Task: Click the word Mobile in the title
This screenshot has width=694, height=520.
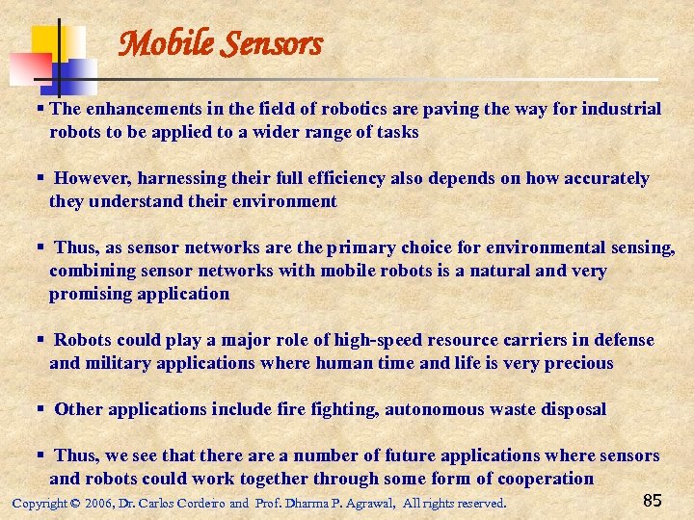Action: pos(160,43)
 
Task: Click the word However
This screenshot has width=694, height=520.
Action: pos(93,178)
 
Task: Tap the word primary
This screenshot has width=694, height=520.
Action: pos(365,247)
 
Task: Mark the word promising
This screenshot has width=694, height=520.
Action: pos(92,294)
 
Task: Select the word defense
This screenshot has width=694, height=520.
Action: pos(624,340)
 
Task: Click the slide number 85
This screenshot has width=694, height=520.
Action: pos(652,500)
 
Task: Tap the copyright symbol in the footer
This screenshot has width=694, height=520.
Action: pos(75,504)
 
